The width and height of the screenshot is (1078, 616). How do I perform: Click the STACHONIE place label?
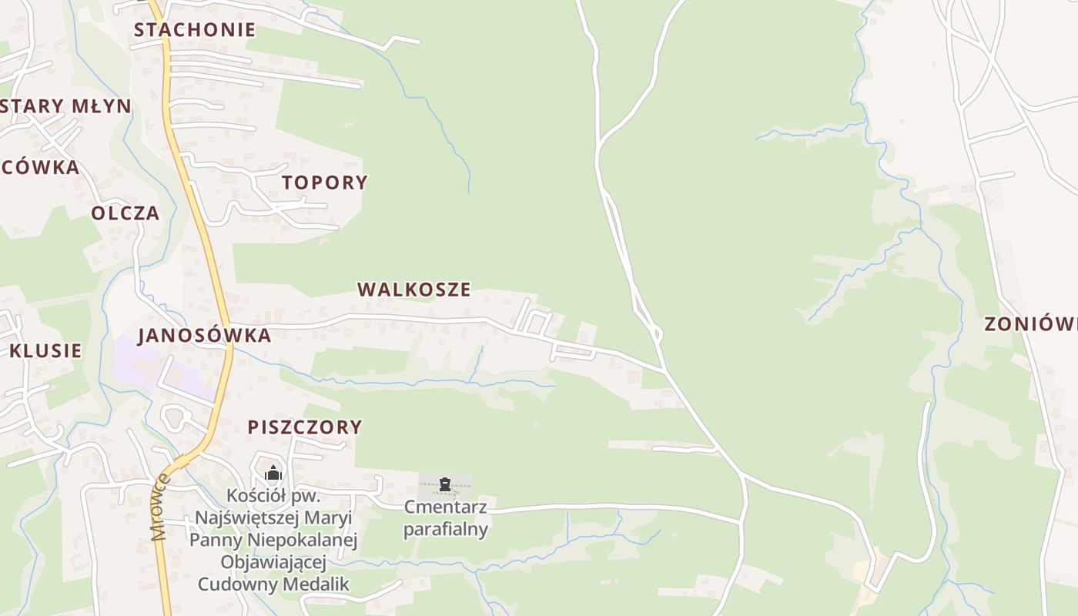coord(194,30)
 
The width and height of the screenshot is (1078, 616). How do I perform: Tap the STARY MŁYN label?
coord(66,106)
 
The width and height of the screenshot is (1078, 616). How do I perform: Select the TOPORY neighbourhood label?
coord(324,182)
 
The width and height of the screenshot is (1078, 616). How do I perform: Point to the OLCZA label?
coord(126,213)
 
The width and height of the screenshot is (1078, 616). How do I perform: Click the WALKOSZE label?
coord(413,290)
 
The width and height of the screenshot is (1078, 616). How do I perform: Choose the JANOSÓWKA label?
coord(204,336)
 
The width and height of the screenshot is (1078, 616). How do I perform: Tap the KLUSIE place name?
coord(45,351)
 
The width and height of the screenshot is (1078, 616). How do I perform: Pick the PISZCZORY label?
coord(304,427)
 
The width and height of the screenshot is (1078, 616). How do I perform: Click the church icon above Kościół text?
coord(273,474)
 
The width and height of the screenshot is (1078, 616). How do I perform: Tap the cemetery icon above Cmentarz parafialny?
coord(444,484)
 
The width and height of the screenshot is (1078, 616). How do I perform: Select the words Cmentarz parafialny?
coord(446,518)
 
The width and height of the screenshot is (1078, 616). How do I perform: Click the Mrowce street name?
coord(160,507)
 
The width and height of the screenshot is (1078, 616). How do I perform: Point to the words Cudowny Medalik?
coord(273,584)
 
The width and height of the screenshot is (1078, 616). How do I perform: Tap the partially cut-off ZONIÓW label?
coord(1030,324)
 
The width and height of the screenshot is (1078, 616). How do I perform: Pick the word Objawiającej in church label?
coord(273,562)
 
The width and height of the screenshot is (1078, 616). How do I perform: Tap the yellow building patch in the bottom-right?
coord(861,571)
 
